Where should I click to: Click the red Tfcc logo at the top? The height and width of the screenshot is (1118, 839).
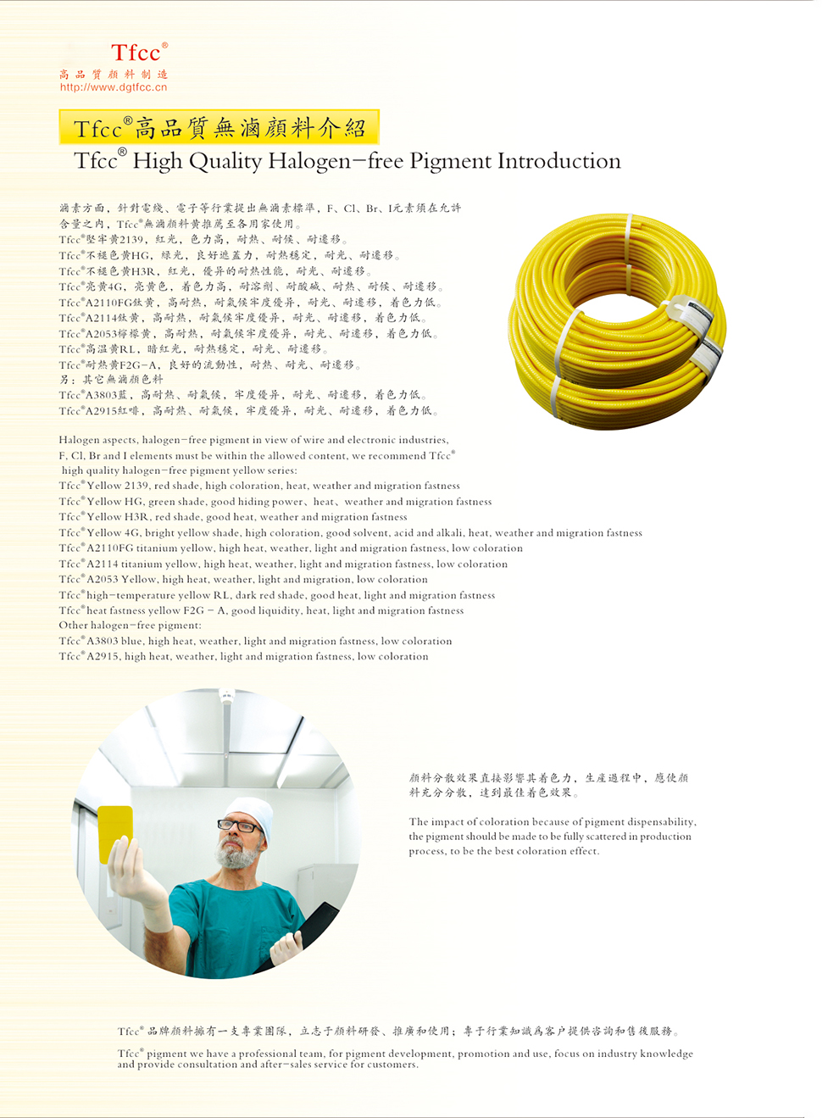point(139,53)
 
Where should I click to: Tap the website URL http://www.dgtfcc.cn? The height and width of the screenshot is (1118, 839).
point(114,87)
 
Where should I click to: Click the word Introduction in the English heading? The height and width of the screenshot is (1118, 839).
point(559,161)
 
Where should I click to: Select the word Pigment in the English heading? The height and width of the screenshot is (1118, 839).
point(450,162)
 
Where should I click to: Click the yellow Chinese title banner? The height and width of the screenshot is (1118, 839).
point(219,127)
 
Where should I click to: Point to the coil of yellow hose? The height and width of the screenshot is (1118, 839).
point(617,322)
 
